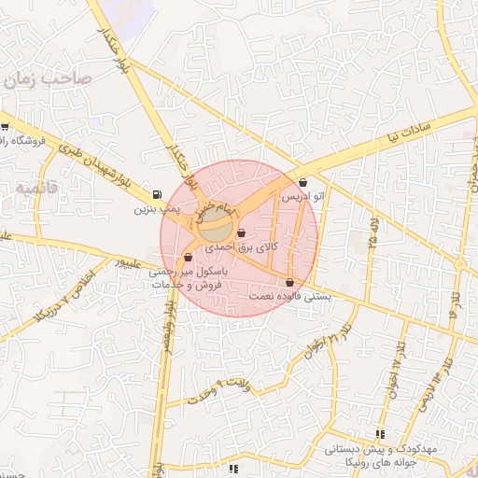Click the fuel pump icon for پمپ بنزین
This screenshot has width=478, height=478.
pos(155,195)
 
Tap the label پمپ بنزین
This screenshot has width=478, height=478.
pos(155,209)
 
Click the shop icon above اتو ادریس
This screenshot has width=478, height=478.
pos(303,183)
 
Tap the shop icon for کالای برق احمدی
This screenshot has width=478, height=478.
pos(242,233)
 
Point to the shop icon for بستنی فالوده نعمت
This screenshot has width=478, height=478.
pos(289,282)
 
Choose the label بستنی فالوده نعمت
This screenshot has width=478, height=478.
pos(288,296)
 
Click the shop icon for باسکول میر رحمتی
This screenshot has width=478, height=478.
pos(189,257)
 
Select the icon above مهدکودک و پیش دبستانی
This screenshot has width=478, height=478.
pos(379,434)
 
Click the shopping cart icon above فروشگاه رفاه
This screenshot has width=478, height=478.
pos(5,127)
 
